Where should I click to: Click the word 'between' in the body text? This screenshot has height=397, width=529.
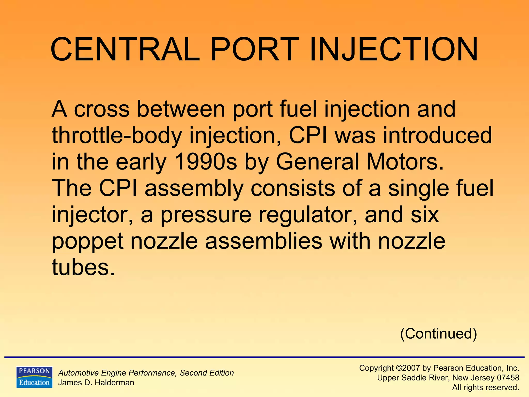[x=181, y=109]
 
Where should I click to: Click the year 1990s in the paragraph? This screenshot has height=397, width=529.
[x=206, y=162]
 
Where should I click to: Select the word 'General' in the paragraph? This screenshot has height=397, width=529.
[x=317, y=162]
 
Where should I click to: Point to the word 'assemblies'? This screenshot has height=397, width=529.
[x=263, y=241]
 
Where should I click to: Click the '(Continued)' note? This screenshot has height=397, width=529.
[x=438, y=334]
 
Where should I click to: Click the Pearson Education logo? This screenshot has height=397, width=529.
[x=34, y=377]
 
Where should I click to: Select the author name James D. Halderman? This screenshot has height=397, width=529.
[x=96, y=383]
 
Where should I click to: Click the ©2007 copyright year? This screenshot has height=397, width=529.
[x=408, y=368]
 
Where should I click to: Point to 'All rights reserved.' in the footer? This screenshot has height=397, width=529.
[x=486, y=387]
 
